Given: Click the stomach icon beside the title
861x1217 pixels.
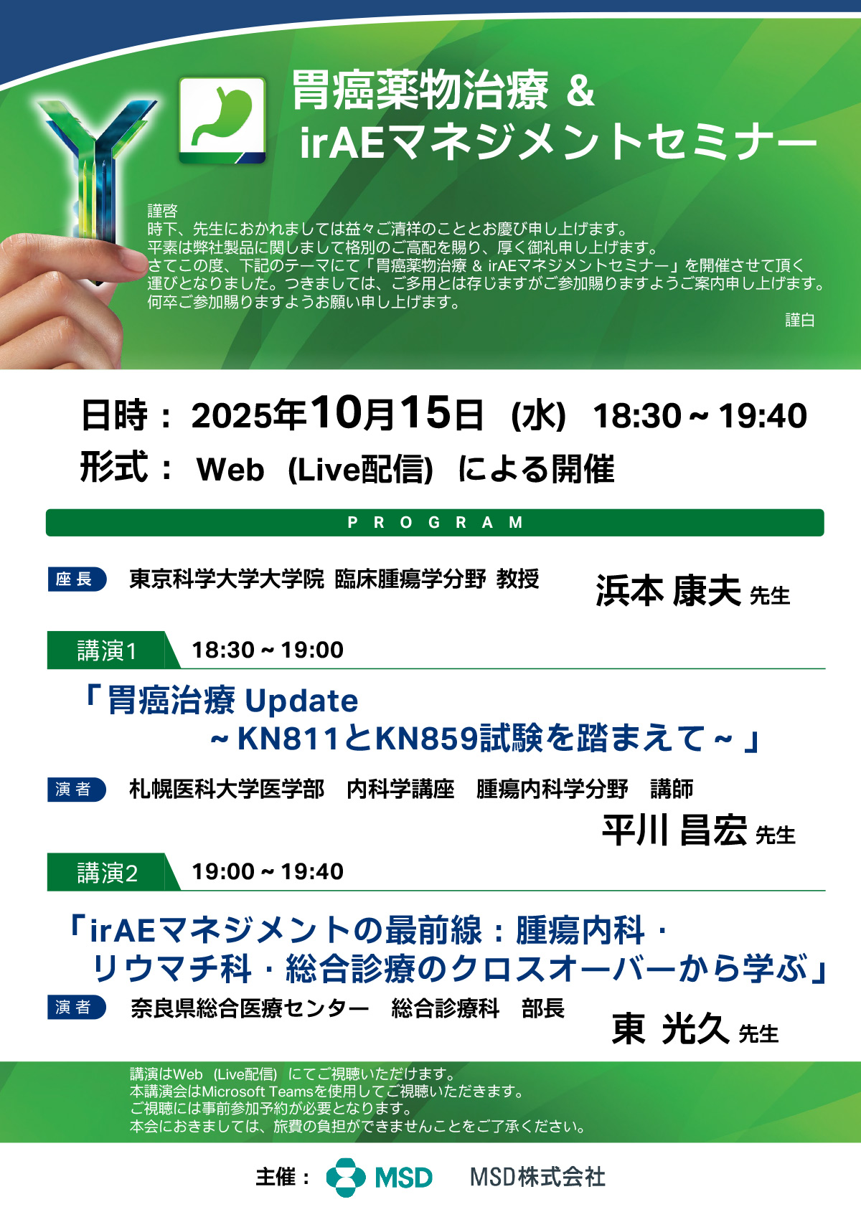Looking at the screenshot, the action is click(222, 120).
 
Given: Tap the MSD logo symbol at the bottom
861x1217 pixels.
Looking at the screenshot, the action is click(346, 1178).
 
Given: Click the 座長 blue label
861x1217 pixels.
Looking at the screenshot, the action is click(77, 579).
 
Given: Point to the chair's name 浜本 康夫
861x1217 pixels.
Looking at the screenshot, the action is click(668, 590).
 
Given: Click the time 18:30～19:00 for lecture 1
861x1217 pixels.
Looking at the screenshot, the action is click(268, 650).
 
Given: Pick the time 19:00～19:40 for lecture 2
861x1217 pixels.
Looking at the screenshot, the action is click(268, 871).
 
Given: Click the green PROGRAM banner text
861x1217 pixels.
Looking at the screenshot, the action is click(435, 523).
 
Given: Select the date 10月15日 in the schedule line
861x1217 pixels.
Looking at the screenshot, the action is click(397, 414).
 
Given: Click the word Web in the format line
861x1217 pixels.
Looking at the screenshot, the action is click(230, 470).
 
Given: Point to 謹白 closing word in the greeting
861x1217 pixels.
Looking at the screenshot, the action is click(799, 320).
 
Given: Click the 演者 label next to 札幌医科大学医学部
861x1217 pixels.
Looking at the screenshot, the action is click(77, 790).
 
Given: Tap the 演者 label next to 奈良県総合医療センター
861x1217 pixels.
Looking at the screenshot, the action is click(77, 1008).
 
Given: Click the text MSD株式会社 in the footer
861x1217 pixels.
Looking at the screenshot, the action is click(537, 1178).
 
